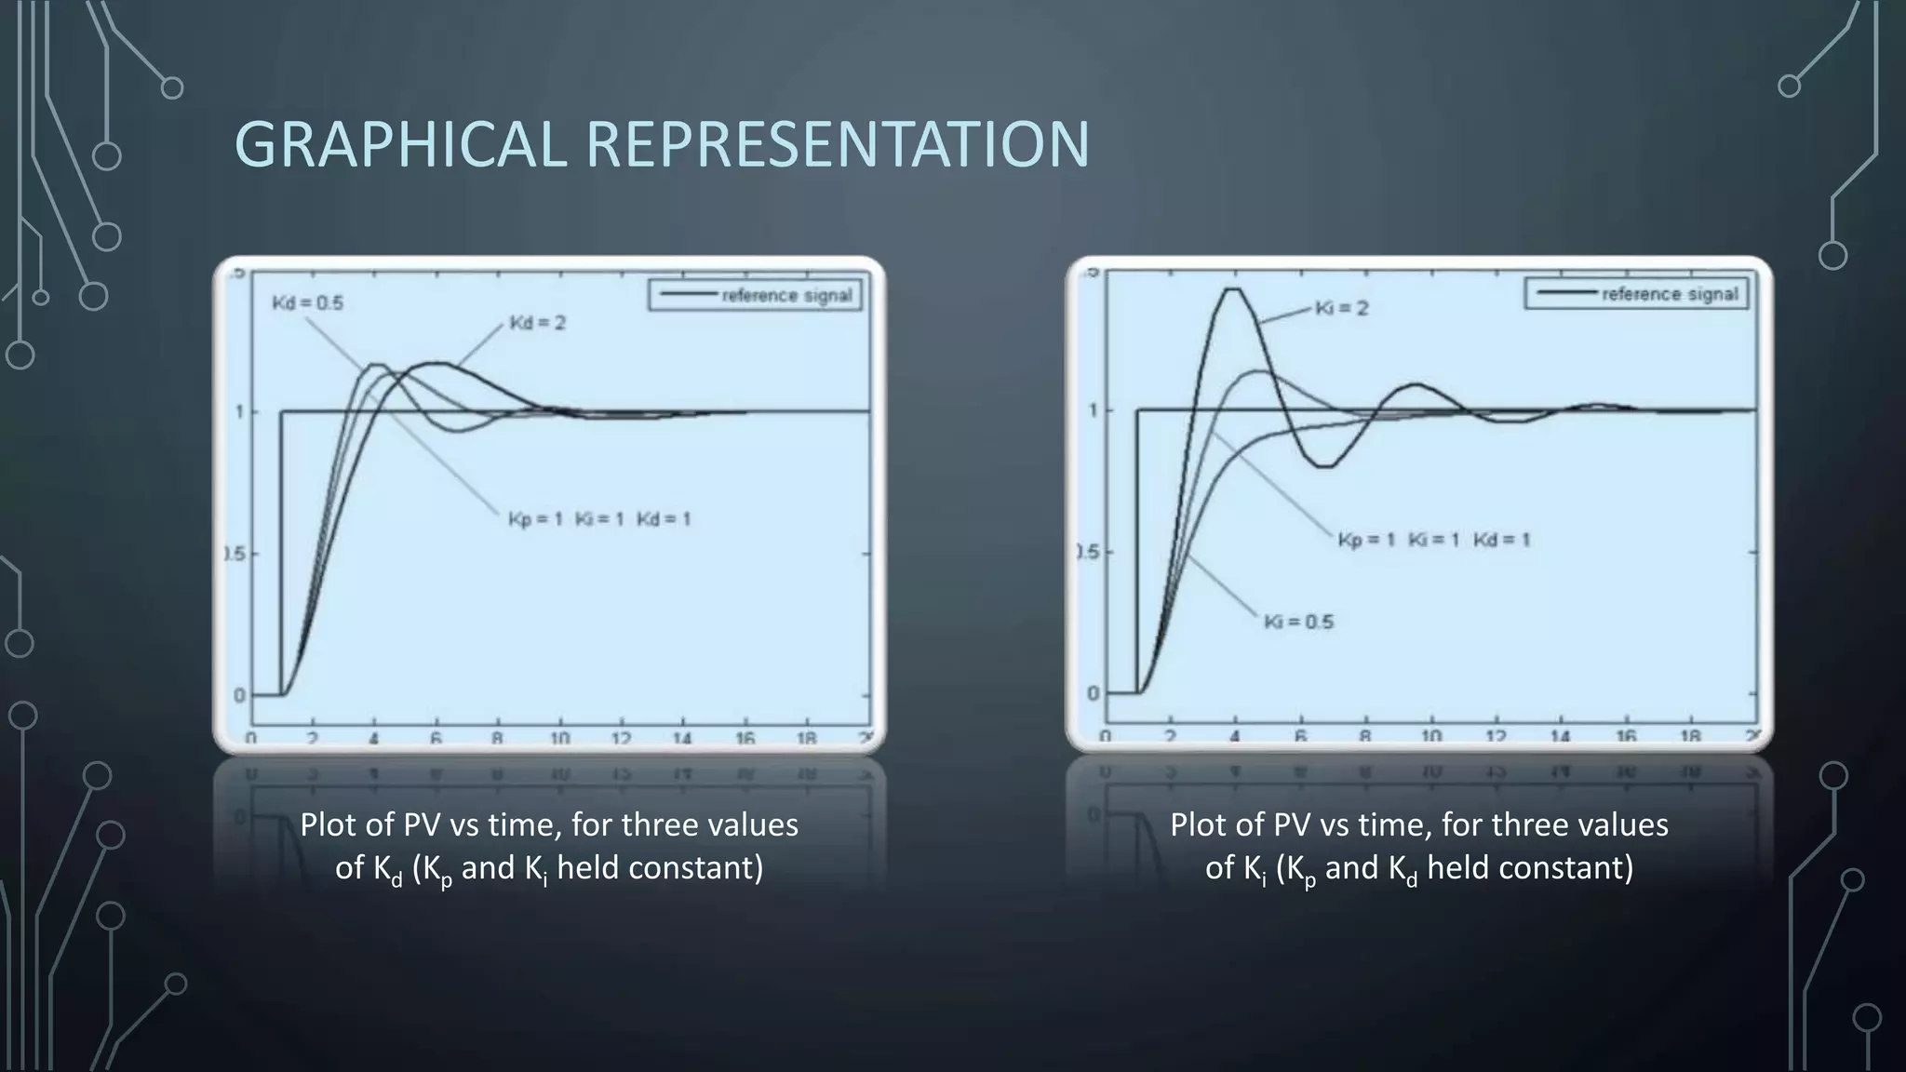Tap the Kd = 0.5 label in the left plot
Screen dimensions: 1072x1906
(308, 302)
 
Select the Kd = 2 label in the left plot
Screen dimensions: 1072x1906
(538, 323)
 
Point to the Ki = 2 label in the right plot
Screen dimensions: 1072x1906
(1342, 308)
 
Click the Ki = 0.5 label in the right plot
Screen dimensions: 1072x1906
(1298, 622)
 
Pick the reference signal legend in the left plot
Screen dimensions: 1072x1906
(754, 296)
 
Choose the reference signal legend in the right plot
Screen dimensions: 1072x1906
(1637, 294)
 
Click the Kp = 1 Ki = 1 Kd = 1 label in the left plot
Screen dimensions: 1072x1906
(599, 519)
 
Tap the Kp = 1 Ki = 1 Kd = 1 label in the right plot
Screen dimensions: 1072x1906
(1434, 540)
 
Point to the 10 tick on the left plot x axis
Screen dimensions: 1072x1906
(559, 739)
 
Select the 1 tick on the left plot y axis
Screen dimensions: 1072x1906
(240, 411)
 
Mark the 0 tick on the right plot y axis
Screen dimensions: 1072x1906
(1094, 693)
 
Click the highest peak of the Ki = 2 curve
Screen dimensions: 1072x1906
(1233, 289)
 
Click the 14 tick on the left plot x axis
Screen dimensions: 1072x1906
(683, 739)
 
